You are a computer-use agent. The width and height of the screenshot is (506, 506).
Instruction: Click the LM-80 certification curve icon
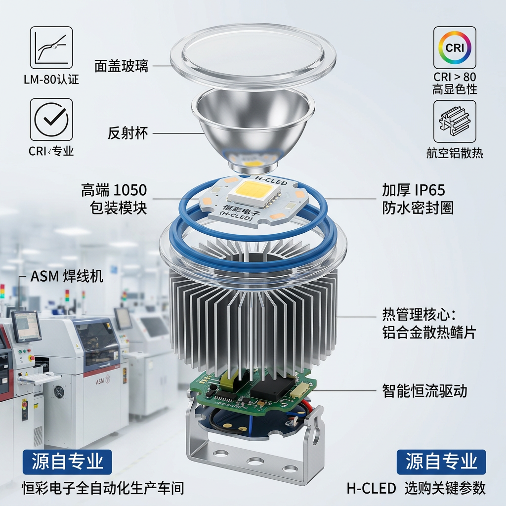[51, 47]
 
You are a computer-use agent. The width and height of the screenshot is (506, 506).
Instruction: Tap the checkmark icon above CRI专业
[51, 119]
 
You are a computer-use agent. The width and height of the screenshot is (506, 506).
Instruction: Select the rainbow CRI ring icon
[455, 47]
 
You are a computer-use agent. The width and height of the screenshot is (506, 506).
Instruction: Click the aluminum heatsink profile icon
[455, 122]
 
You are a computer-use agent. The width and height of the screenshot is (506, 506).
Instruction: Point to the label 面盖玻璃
[122, 66]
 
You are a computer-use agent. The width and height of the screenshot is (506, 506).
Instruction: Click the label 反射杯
[128, 133]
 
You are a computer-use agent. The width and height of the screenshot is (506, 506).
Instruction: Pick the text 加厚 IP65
[413, 190]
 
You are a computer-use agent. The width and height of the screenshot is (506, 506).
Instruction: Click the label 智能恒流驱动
[424, 391]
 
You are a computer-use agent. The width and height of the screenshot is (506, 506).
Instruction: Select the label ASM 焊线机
[67, 276]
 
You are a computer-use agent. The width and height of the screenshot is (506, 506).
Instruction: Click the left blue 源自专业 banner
[67, 462]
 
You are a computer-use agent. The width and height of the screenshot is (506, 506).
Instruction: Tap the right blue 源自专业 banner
[441, 462]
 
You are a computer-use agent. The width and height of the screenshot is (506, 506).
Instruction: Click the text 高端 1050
[114, 190]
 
